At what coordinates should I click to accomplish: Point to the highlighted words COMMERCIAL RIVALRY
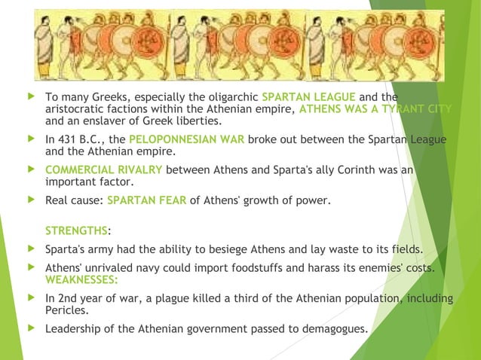point(104,169)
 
